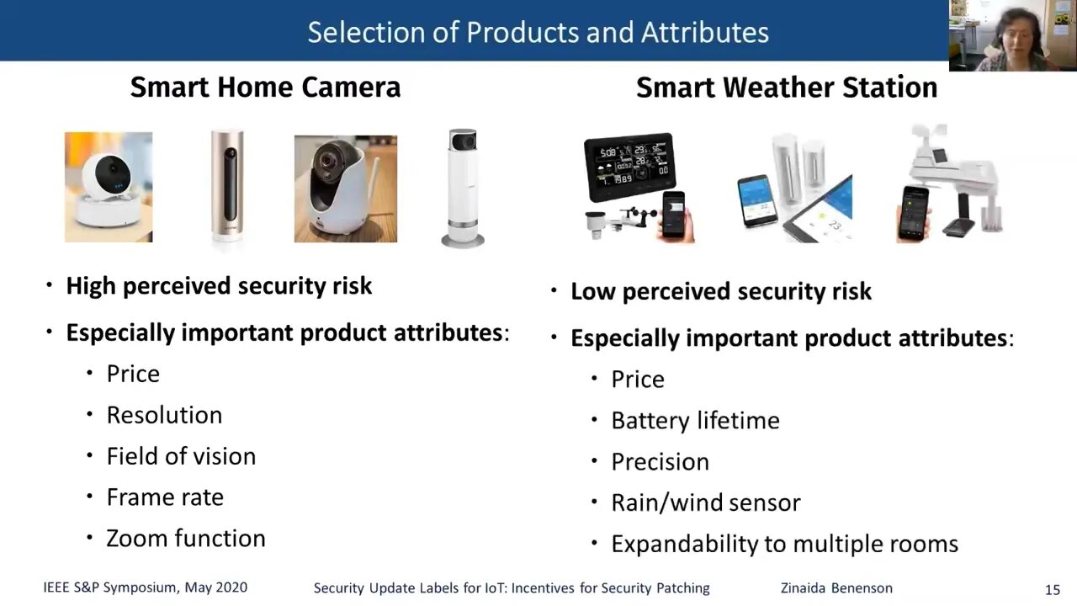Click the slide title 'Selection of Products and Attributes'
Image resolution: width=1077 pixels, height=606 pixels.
[x=538, y=33]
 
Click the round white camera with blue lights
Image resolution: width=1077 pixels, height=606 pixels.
[x=109, y=187]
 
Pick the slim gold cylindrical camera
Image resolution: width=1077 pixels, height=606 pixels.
[x=227, y=188]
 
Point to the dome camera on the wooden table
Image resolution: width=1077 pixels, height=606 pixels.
[x=346, y=189]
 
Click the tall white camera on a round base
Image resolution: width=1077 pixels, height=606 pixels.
[x=463, y=188]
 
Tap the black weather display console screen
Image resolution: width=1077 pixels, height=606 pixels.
[x=630, y=166]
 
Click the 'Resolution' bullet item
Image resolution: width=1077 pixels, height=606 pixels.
[x=164, y=415]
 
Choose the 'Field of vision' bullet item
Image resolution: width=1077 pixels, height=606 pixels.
[x=181, y=456]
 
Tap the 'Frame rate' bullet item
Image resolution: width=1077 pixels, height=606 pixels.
[x=165, y=497]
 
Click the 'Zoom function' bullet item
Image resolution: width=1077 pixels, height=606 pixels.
[x=186, y=538]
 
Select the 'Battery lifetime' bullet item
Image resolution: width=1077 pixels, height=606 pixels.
[x=695, y=421]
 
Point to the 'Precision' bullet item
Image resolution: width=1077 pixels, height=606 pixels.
[x=661, y=462]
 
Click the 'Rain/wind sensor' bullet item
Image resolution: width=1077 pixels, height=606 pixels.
[x=706, y=503]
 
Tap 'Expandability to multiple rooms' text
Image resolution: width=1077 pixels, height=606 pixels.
[x=785, y=545]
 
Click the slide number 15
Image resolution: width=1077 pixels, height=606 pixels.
[x=1053, y=590]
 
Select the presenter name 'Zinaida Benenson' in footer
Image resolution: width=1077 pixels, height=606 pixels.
[x=836, y=588]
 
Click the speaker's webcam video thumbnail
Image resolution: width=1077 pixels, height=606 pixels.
[x=1013, y=35]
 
